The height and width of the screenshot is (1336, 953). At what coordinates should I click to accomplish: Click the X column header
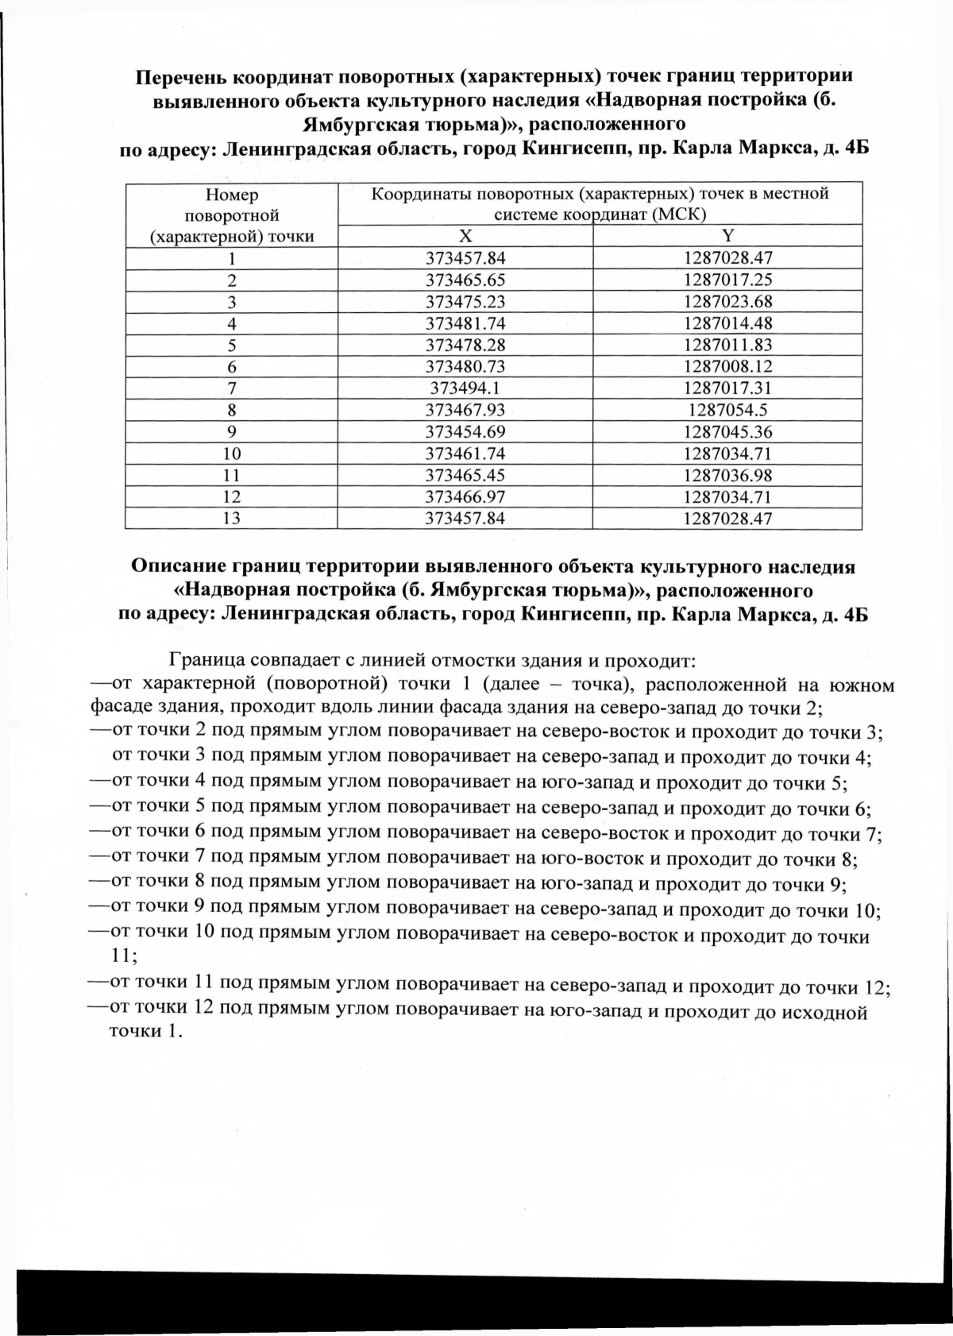click(465, 236)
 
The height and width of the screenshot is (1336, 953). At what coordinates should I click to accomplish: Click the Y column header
click(727, 236)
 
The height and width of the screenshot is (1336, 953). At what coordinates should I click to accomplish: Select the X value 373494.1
click(465, 388)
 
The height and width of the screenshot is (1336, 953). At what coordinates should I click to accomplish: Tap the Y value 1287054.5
click(727, 410)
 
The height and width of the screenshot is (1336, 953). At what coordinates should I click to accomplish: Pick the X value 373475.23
click(465, 302)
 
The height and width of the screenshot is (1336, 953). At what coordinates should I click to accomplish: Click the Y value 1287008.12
click(727, 367)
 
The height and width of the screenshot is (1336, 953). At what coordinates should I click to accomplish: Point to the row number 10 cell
click(232, 454)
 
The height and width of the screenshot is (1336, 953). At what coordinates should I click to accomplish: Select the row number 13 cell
click(232, 519)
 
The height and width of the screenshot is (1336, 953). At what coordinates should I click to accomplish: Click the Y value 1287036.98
click(727, 476)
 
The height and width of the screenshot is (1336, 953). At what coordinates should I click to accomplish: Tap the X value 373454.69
click(465, 432)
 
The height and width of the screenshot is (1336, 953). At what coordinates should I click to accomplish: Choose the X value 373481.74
click(465, 323)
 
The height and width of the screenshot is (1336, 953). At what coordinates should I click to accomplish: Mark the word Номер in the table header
click(232, 195)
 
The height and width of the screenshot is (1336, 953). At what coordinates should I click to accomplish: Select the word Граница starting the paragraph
click(206, 661)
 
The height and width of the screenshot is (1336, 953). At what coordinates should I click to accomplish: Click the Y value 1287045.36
click(727, 432)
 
